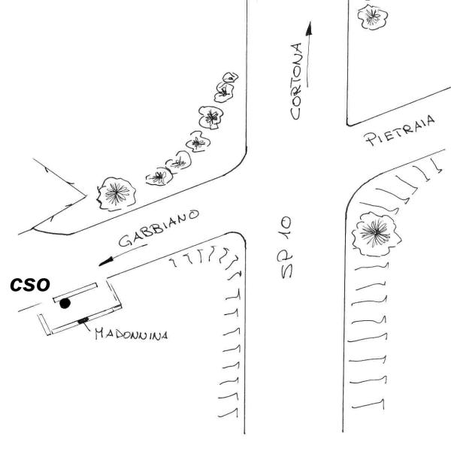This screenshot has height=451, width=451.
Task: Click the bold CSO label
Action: click(30, 285)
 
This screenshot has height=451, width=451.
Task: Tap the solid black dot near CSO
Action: click(65, 304)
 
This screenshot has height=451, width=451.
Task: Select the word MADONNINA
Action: click(132, 334)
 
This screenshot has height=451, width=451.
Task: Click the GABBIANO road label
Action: click(159, 228)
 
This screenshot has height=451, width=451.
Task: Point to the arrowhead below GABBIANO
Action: click(106, 262)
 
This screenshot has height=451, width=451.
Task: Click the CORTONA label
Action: click(296, 81)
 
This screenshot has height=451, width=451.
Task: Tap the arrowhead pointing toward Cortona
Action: click(309, 29)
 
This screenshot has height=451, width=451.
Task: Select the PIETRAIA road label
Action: click(401, 131)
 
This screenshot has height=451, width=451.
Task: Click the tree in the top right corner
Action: click(373, 17)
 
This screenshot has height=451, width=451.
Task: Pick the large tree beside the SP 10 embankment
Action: click(376, 234)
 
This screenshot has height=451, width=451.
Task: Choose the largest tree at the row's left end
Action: click(117, 194)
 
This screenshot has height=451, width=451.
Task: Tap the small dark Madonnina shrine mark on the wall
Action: click(83, 320)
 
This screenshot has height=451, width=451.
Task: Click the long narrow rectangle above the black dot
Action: click(75, 292)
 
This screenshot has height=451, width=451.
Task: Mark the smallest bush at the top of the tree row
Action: click(231, 77)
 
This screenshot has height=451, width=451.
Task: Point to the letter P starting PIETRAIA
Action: click(371, 140)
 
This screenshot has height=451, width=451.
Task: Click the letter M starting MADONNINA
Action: click(100, 334)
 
